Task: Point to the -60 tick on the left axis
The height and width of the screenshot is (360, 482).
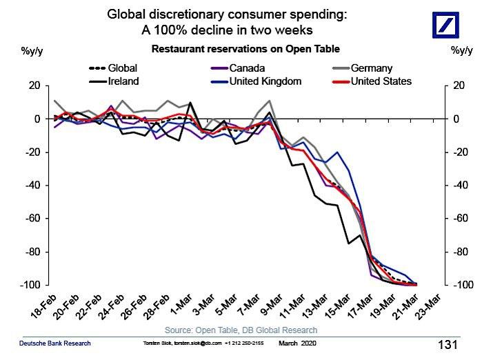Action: [x=33, y=219]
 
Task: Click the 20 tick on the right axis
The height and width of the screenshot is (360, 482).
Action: [x=456, y=86]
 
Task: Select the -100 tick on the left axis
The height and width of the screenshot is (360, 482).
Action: [x=31, y=285]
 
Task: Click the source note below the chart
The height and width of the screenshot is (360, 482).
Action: [x=241, y=330]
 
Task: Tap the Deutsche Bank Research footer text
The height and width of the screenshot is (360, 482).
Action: [x=54, y=343]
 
